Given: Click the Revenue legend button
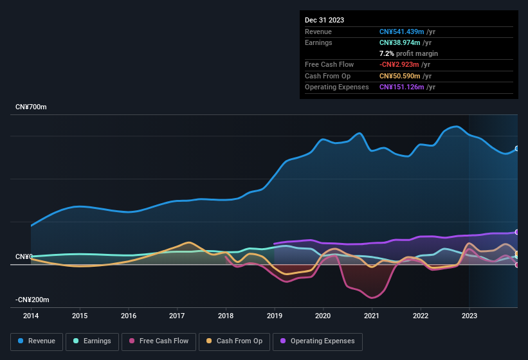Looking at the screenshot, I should click(37, 341).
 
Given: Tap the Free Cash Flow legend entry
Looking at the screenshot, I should click(159, 341).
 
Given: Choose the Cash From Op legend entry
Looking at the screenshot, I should click(234, 341).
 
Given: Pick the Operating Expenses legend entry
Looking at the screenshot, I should click(317, 341).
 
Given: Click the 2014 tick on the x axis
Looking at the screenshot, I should click(31, 316).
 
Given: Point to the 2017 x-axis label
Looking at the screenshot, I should click(177, 316).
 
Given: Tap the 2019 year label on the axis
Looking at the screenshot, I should click(275, 316).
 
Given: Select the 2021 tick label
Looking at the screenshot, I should click(372, 316).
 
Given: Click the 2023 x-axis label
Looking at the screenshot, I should click(469, 316).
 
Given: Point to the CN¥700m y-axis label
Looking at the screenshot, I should click(31, 107).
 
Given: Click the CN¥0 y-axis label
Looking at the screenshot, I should click(24, 256).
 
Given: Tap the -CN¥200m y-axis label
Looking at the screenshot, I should click(33, 300).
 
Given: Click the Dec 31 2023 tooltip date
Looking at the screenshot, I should click(324, 20).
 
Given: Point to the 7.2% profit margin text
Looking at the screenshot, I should click(408, 53).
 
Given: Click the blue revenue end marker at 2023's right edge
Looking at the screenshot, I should click(517, 148).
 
